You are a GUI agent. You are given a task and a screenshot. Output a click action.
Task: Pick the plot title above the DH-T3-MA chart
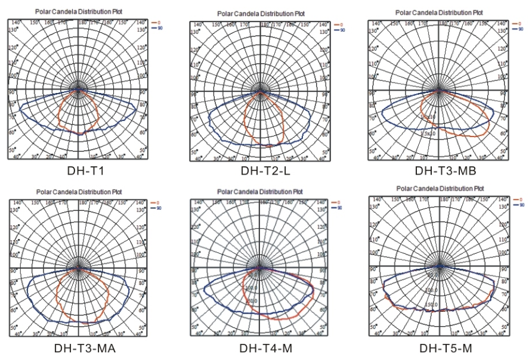tap(78, 192)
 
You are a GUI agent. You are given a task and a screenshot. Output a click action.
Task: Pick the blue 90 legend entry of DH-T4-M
tap(337, 207)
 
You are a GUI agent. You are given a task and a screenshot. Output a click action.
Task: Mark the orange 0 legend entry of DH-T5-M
tap(516, 198)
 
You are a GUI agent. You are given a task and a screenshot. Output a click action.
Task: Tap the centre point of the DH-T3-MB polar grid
tap(439, 91)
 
